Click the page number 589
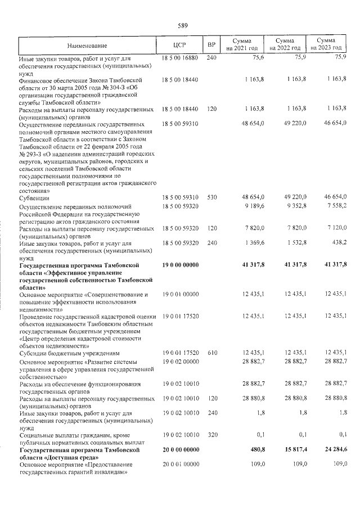click(182, 25)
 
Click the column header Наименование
click(87, 45)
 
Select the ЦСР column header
click(180, 45)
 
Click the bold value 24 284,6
click(334, 451)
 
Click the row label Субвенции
click(34, 198)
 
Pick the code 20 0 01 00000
click(180, 465)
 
